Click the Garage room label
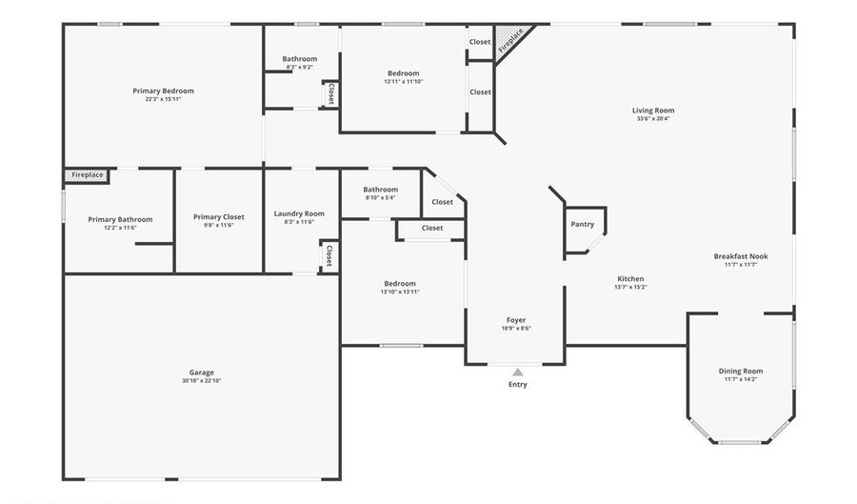(201, 373)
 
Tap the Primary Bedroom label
(163, 91)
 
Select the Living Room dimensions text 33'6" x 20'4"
(653, 119)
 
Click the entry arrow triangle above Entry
(517, 372)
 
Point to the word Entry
(517, 385)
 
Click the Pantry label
(582, 225)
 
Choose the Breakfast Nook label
(741, 256)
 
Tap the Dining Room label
(740, 371)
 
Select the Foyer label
(516, 320)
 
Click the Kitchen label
(630, 279)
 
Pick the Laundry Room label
(299, 213)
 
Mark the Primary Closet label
(218, 217)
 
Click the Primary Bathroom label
(120, 220)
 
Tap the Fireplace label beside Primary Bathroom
(88, 175)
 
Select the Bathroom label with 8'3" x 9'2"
(299, 59)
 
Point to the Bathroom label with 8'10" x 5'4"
(380, 190)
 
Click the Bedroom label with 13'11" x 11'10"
(403, 73)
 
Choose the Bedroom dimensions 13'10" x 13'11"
(400, 292)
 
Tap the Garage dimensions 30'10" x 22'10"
(201, 381)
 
